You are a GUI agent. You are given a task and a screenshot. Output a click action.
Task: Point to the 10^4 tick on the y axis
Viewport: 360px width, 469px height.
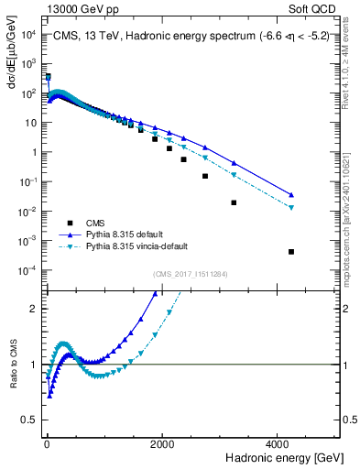(28, 35)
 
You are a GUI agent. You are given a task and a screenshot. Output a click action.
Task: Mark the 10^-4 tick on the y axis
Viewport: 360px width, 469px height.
(28, 270)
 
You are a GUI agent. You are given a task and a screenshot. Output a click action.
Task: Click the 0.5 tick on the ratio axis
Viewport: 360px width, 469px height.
(31, 420)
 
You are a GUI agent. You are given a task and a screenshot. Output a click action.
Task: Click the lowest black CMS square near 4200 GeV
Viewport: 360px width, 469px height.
(291, 252)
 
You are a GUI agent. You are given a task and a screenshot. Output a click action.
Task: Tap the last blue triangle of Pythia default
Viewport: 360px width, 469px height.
(291, 194)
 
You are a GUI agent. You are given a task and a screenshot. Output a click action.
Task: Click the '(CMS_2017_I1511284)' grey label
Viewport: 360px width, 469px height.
(191, 272)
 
